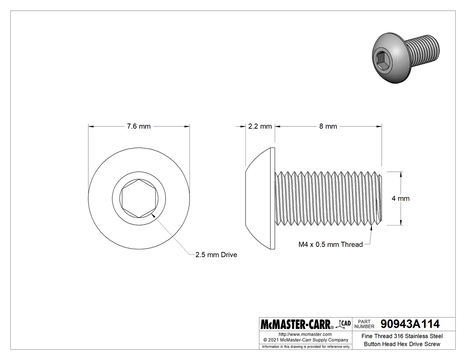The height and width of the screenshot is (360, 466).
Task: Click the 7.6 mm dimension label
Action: coord(138,127)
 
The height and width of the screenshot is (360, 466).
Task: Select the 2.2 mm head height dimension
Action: coord(260,127)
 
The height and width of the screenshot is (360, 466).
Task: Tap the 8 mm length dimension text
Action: coord(328,127)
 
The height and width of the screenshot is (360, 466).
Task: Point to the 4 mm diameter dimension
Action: coord(401,198)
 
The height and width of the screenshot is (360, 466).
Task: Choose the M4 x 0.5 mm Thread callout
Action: coord(331,244)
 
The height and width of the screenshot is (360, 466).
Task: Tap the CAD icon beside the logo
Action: coord(344,323)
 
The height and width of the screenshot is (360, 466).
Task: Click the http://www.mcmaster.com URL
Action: coord(305,334)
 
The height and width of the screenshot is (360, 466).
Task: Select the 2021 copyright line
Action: coord(305,340)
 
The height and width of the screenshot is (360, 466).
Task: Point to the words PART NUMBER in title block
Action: coord(365,324)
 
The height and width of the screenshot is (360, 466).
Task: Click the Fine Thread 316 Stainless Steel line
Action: coord(402,336)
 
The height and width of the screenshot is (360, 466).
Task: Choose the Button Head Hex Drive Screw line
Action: coord(402,344)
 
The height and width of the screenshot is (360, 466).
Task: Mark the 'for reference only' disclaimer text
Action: coord(305,346)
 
